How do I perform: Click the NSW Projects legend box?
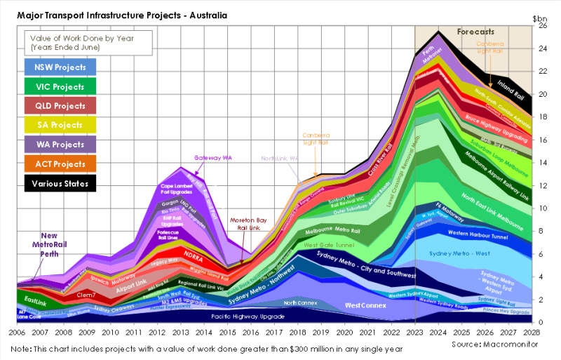point(60,67)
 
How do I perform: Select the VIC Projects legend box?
point(60,87)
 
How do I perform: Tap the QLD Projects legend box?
point(60,107)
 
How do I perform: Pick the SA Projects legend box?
point(60,126)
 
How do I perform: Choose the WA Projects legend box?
point(60,145)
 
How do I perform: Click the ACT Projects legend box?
point(60,165)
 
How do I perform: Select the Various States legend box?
point(60,184)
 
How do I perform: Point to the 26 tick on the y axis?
point(541,25)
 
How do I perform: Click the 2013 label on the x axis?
point(180,333)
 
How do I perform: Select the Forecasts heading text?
point(476,32)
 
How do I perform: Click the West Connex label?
point(365,307)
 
